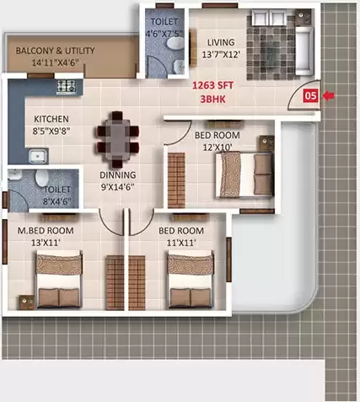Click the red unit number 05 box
310,96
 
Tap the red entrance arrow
329,96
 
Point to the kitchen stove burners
67,85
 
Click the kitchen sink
36,155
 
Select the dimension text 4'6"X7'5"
164,34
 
